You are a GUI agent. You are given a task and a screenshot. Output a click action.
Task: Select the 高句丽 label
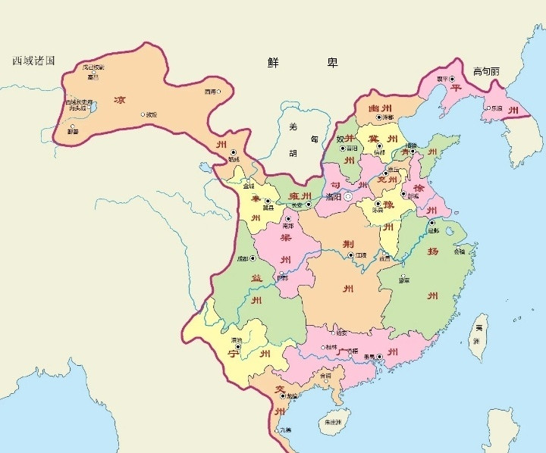[x=486, y=71]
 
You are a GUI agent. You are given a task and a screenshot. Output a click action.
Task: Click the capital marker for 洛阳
[x=349, y=196]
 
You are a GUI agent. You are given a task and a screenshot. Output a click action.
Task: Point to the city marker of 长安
[x=309, y=204]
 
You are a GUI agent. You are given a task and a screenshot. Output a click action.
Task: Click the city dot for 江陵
[x=350, y=255]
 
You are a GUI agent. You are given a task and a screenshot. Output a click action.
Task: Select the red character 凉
[x=119, y=100]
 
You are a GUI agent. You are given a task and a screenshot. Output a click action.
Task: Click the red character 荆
[x=348, y=243]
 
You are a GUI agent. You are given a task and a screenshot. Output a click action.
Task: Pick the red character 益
[x=256, y=279]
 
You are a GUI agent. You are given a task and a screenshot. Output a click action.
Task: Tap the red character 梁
[x=287, y=238]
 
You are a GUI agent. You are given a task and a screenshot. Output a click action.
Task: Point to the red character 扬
[x=433, y=249]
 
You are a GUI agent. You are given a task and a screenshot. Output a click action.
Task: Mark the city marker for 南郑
[x=287, y=219]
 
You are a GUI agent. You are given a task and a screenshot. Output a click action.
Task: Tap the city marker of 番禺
[x=380, y=355]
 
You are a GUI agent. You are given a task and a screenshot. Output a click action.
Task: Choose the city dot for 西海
[x=220, y=92]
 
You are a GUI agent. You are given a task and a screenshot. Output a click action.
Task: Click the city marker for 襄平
[x=452, y=79]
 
